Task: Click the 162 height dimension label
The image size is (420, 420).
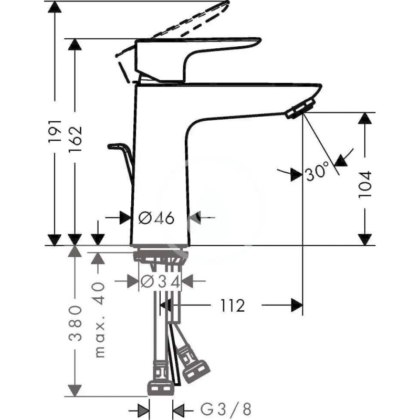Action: pyautogui.click(x=75, y=139)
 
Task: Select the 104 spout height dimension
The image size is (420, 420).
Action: pyautogui.click(x=365, y=185)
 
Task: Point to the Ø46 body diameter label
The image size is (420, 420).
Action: pyautogui.click(x=156, y=218)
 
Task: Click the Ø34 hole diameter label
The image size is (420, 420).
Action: pyautogui.click(x=160, y=282)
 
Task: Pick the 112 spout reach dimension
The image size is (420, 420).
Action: pyautogui.click(x=233, y=306)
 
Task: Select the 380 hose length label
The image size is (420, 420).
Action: pyautogui.click(x=75, y=323)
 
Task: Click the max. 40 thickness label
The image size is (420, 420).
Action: pyautogui.click(x=99, y=319)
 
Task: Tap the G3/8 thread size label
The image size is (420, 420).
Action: pyautogui.click(x=226, y=409)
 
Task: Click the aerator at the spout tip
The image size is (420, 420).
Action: pyautogui.click(x=300, y=109)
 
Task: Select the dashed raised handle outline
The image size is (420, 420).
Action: pyautogui.click(x=173, y=29)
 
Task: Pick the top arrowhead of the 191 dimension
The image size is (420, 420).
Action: pyautogui.click(x=55, y=7)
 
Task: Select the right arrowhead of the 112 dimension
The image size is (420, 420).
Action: pyautogui.click(x=297, y=305)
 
